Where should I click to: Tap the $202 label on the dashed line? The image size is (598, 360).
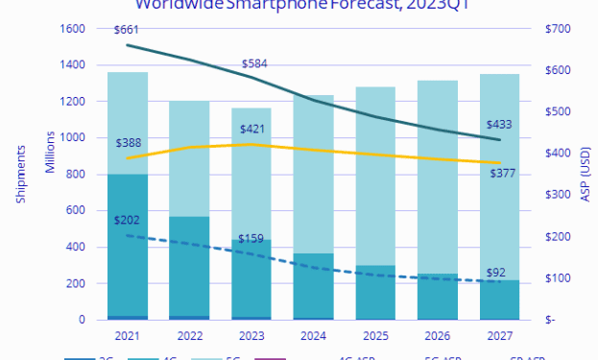click(x=129, y=219)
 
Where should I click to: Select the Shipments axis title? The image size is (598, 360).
click(x=18, y=175)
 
